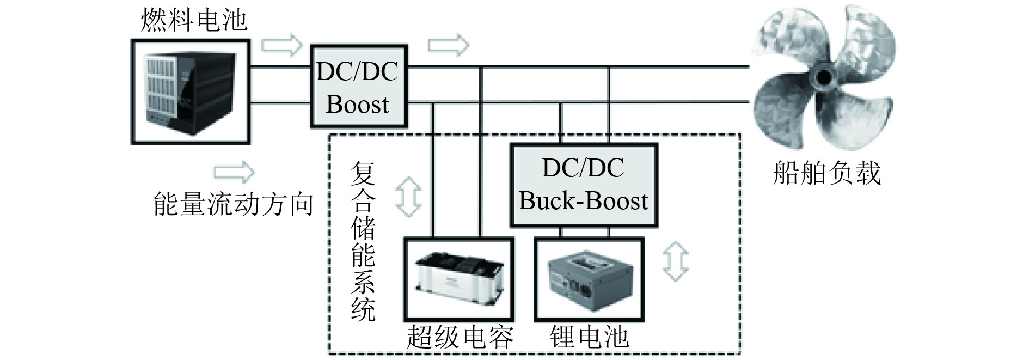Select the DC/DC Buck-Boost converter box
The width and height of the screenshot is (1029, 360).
point(583,185)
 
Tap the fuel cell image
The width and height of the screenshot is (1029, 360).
point(190,91)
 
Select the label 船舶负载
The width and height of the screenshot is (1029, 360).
point(826,174)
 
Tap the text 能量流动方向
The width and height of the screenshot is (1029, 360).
point(234,204)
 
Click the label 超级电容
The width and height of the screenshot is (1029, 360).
point(460,337)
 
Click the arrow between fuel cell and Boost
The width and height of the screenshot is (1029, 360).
point(281,45)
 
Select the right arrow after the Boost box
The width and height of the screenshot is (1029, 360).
point(448,45)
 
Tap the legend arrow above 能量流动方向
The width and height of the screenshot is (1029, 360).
point(234,172)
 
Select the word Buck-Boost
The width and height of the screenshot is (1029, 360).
point(583,201)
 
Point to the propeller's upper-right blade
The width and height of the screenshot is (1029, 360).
point(866,44)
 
